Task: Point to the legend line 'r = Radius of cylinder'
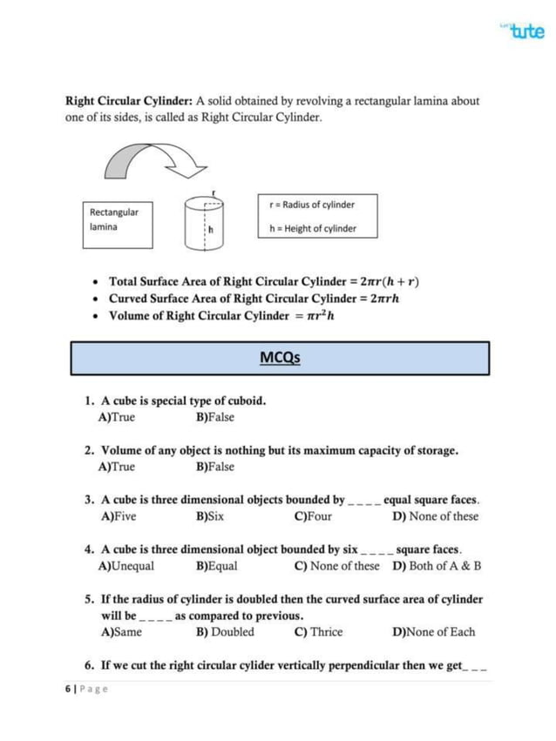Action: pyautogui.click(x=312, y=205)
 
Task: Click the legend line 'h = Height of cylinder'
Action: pyautogui.click(x=312, y=229)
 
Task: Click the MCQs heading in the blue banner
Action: pyautogui.click(x=280, y=358)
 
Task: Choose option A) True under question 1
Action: pyautogui.click(x=119, y=417)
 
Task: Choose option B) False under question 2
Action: pyautogui.click(x=215, y=467)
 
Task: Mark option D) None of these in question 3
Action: pyautogui.click(x=436, y=516)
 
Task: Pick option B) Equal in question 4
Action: pyautogui.click(x=217, y=566)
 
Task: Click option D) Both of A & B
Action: pyautogui.click(x=437, y=566)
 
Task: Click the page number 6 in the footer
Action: pyautogui.click(x=69, y=688)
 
